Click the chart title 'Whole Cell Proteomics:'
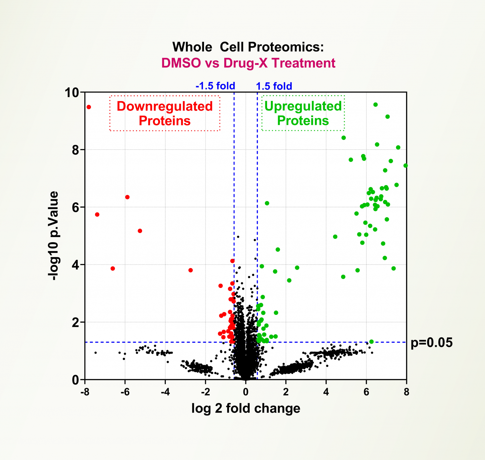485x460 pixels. [248, 47]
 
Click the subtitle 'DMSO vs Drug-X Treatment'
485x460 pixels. [248, 63]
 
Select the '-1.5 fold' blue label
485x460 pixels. [215, 86]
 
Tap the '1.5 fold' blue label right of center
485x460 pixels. [274, 86]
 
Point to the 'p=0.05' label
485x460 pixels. [431, 343]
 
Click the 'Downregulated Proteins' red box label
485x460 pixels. [165, 113]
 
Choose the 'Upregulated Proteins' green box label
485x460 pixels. [303, 113]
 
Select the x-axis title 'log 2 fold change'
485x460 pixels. [246, 408]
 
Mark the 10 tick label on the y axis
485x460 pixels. [72, 93]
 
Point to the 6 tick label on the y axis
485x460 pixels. [75, 207]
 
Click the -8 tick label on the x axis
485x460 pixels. [84, 392]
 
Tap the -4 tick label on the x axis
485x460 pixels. [165, 392]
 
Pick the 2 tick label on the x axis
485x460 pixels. [286, 392]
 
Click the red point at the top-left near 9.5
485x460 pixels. [89, 107]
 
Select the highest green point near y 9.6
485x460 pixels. [375, 105]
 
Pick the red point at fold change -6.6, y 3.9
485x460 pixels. [113, 268]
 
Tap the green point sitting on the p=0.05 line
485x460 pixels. [371, 342]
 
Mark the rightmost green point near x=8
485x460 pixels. [405, 165]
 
